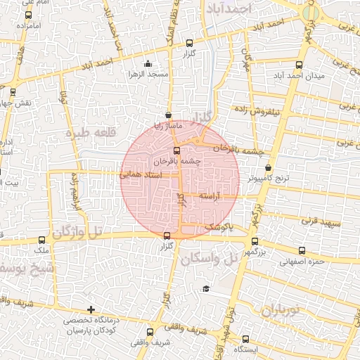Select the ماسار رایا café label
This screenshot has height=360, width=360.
(169, 125)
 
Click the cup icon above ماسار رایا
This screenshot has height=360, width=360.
(167, 115)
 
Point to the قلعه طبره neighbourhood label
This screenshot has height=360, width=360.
(89, 132)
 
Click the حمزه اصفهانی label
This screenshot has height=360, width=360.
(302, 262)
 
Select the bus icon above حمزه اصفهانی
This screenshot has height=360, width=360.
(302, 251)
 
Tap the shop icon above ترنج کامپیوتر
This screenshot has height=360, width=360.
(269, 167)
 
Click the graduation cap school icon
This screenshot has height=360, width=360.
(206, 288)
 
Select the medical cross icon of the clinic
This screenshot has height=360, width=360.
(91, 309)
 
